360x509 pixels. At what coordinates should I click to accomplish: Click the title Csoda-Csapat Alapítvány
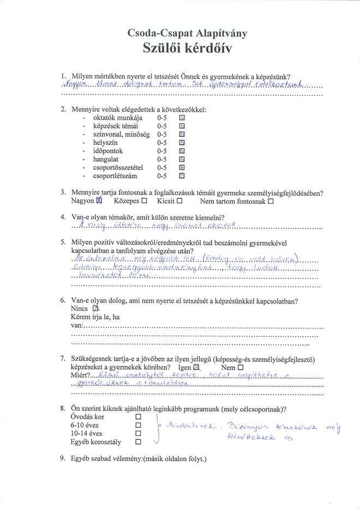pyautogui.click(x=187, y=34)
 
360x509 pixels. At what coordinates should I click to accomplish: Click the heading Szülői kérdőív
pyautogui.click(x=187, y=50)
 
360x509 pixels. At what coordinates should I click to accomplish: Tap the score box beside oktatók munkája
pyautogui.click(x=182, y=118)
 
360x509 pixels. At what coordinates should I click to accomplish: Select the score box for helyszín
pyautogui.click(x=182, y=143)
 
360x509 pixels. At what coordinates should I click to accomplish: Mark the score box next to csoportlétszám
pyautogui.click(x=182, y=176)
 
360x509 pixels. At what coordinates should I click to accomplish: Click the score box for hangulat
pyautogui.click(x=182, y=160)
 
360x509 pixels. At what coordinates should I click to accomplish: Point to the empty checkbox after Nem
pyautogui.click(x=241, y=368)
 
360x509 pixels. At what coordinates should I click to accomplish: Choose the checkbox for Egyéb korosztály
pyautogui.click(x=139, y=443)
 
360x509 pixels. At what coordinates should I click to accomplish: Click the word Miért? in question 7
pyautogui.click(x=81, y=376)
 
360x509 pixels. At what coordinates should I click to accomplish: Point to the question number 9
pyautogui.click(x=63, y=459)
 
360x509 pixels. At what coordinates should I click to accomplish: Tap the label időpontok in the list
pyautogui.click(x=108, y=151)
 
